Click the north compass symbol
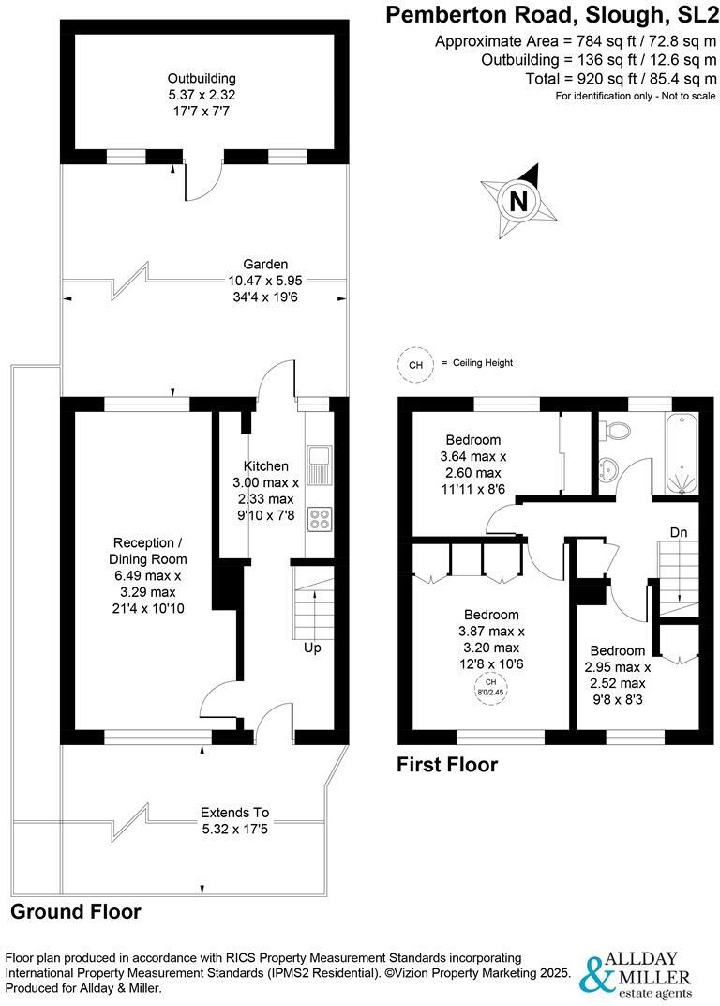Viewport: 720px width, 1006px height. pos(518,200)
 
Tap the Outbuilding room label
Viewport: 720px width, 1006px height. pos(202,93)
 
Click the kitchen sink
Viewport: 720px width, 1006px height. pos(319,458)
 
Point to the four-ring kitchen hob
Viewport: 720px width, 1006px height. pos(319,519)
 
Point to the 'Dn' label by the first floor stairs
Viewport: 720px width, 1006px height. pos(680,533)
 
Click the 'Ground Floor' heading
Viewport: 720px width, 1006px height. pos(76,911)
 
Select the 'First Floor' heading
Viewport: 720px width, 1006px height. pos(447,765)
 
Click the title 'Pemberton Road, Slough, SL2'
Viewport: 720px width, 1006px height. pos(551,15)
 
